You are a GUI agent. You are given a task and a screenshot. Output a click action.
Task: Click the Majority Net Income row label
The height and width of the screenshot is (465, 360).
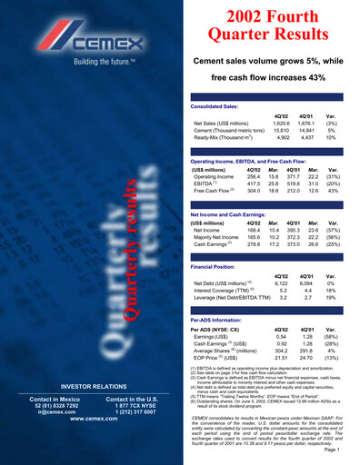click(x=217, y=239)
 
